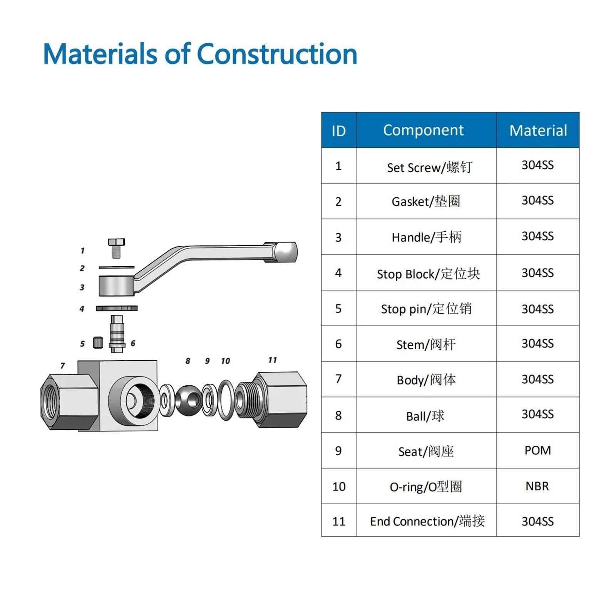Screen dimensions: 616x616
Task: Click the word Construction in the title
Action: [x=277, y=54]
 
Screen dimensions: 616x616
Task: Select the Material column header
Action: [x=538, y=130]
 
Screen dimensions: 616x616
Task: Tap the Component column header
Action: [x=426, y=130]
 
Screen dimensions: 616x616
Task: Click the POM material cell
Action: [x=538, y=450]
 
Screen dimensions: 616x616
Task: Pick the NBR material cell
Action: [x=538, y=486]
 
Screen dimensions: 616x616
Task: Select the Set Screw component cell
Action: [x=426, y=166]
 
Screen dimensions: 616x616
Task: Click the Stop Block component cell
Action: [x=426, y=272]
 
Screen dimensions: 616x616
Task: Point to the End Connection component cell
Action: [x=426, y=520]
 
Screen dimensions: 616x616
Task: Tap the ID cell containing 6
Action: [x=338, y=344]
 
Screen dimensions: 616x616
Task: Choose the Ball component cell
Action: [x=426, y=415]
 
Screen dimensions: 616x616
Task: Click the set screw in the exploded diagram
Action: [x=116, y=248]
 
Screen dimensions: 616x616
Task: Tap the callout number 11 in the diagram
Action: [x=273, y=360]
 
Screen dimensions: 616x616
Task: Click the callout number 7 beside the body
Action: [x=63, y=366]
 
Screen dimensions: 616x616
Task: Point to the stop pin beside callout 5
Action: [x=98, y=342]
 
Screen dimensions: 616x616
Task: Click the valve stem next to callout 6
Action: [x=117, y=334]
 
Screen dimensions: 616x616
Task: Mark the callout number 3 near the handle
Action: [x=82, y=287]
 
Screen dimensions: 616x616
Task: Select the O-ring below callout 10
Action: [x=226, y=400]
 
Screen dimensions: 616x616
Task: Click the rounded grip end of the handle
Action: [x=286, y=252]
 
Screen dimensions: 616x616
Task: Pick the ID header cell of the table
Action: [x=339, y=130]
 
